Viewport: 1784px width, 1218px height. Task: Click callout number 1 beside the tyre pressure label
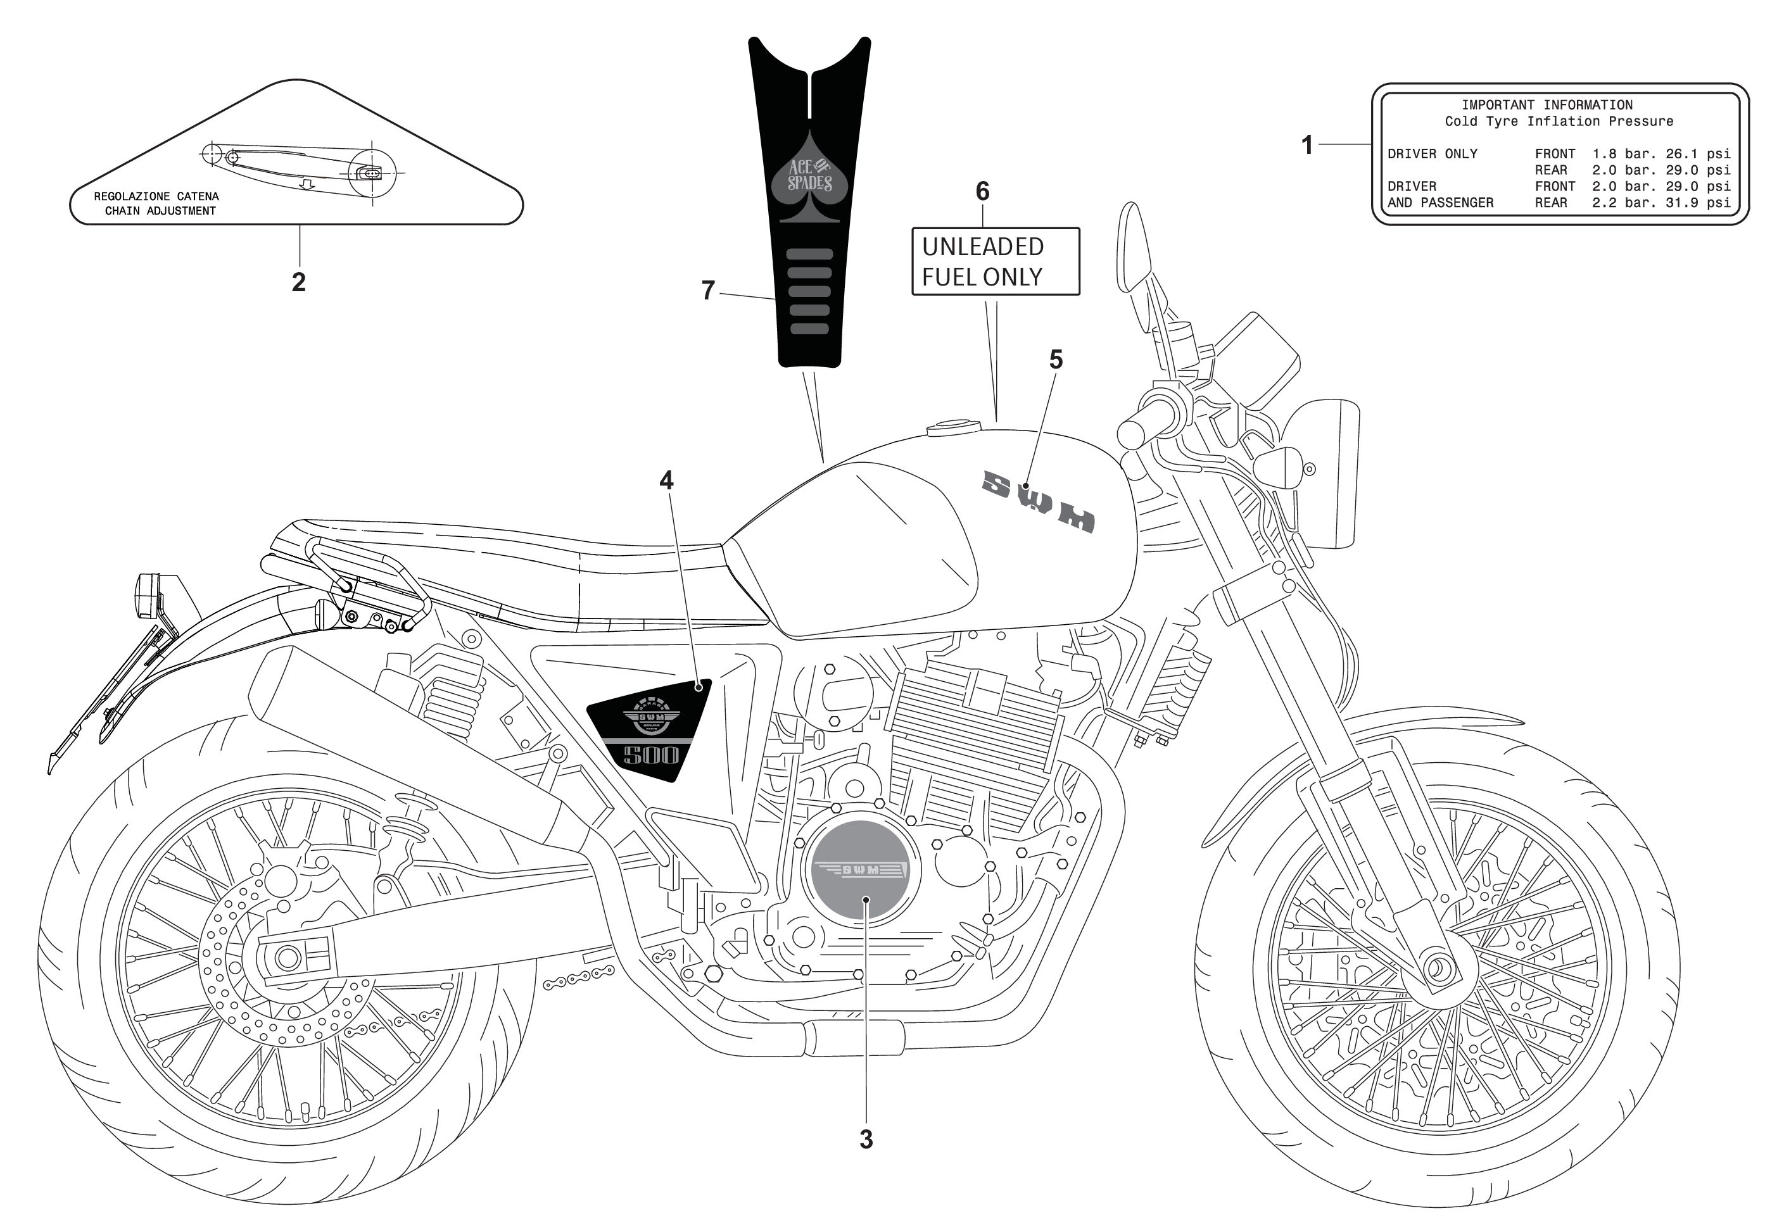click(1306, 144)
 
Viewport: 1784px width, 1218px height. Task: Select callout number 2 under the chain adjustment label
click(299, 282)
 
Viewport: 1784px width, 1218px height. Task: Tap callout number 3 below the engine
click(866, 1139)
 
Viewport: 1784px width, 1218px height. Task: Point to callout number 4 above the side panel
click(666, 480)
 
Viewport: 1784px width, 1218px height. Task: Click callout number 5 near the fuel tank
click(1056, 359)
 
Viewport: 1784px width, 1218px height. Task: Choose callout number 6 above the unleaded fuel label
click(983, 191)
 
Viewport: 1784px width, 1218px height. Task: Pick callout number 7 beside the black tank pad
click(708, 290)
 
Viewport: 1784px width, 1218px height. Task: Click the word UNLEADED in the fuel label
click(983, 246)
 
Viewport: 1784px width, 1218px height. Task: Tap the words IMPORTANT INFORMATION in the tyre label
click(1547, 105)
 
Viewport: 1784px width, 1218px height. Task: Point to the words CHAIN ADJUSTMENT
click(160, 211)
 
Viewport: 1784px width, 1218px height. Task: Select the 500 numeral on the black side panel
click(651, 755)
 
